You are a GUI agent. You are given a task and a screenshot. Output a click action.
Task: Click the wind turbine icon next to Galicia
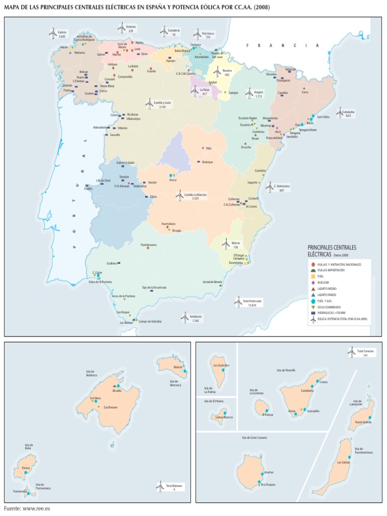(x=52, y=34)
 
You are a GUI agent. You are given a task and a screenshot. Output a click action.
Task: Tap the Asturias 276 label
(x=131, y=28)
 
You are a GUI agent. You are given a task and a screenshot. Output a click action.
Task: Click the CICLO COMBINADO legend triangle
(x=313, y=306)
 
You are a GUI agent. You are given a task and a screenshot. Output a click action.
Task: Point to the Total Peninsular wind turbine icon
(x=238, y=302)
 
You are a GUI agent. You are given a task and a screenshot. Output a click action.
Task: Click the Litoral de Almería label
(x=212, y=281)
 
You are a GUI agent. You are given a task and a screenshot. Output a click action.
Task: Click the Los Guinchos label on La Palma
(x=222, y=365)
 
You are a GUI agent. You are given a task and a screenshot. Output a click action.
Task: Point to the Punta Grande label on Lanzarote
(x=363, y=422)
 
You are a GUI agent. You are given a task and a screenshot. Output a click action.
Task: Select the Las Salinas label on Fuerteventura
(x=344, y=462)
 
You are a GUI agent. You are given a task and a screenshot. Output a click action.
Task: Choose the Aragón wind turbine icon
(x=248, y=93)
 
